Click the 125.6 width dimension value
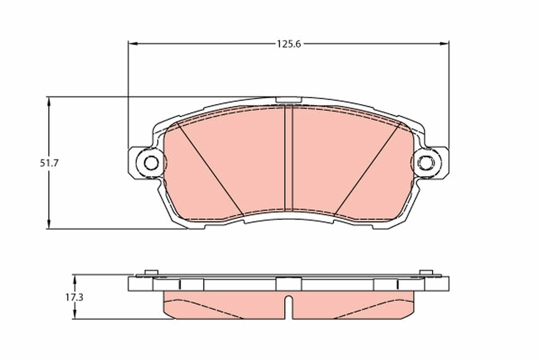click(288, 44)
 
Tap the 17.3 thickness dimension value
click(74, 297)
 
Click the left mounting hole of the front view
click(151, 162)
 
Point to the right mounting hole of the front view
click(425, 162)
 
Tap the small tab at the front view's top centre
click(288, 100)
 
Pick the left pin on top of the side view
click(151, 272)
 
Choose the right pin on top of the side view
click(426, 272)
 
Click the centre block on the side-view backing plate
click(288, 284)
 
